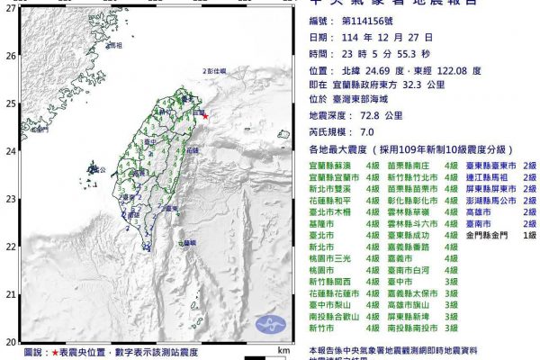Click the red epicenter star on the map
(204, 116)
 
